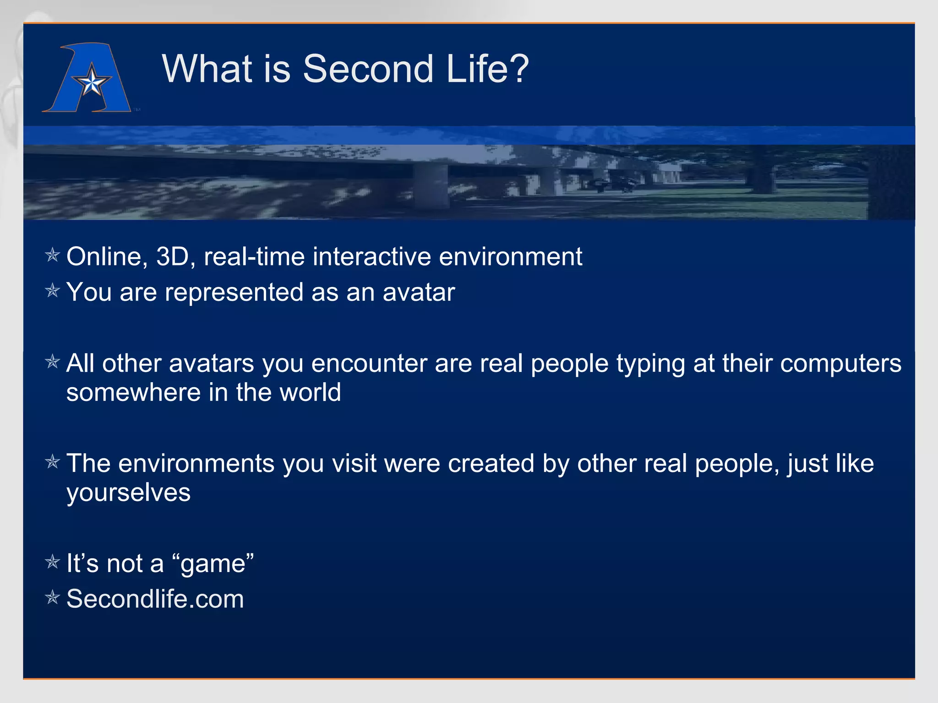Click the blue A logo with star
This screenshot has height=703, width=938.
(87, 78)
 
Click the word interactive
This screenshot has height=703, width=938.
(371, 256)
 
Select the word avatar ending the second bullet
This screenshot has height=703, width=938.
(419, 292)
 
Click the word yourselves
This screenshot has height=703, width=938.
(128, 493)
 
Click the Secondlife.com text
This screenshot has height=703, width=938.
(155, 599)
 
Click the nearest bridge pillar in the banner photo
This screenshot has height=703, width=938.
(431, 185)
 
